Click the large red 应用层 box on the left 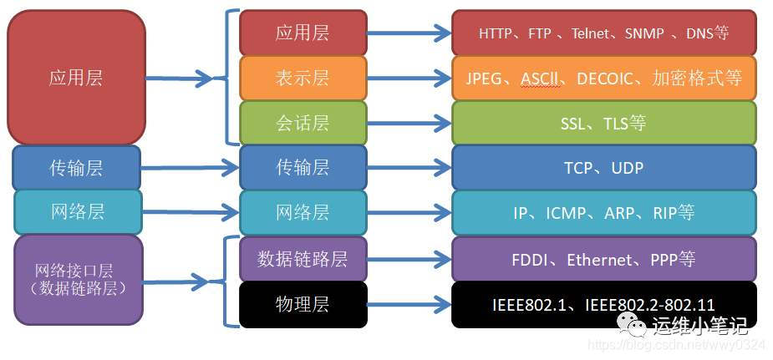[76, 78]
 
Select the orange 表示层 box [303, 78]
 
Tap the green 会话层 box [303, 123]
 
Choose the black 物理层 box [303, 304]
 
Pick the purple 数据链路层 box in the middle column [303, 259]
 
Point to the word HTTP [499, 33]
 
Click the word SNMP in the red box [644, 33]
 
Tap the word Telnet [592, 33]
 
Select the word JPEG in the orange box [484, 79]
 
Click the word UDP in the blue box [627, 168]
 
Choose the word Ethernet [599, 260]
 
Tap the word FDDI [530, 260]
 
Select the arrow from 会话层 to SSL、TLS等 [409, 124]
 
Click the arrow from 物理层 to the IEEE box [409, 305]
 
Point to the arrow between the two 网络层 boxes [191, 212]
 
